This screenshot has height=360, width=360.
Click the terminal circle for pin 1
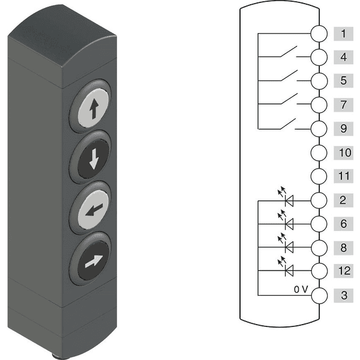point(319,34)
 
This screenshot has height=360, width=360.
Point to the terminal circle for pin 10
point(319,152)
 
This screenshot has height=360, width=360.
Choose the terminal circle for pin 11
point(319,176)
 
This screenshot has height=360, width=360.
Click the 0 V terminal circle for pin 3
point(319,295)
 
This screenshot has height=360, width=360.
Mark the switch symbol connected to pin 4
point(289,52)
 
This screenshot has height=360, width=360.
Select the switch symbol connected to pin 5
point(289,76)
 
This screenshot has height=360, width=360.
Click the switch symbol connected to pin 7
point(289,99)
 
